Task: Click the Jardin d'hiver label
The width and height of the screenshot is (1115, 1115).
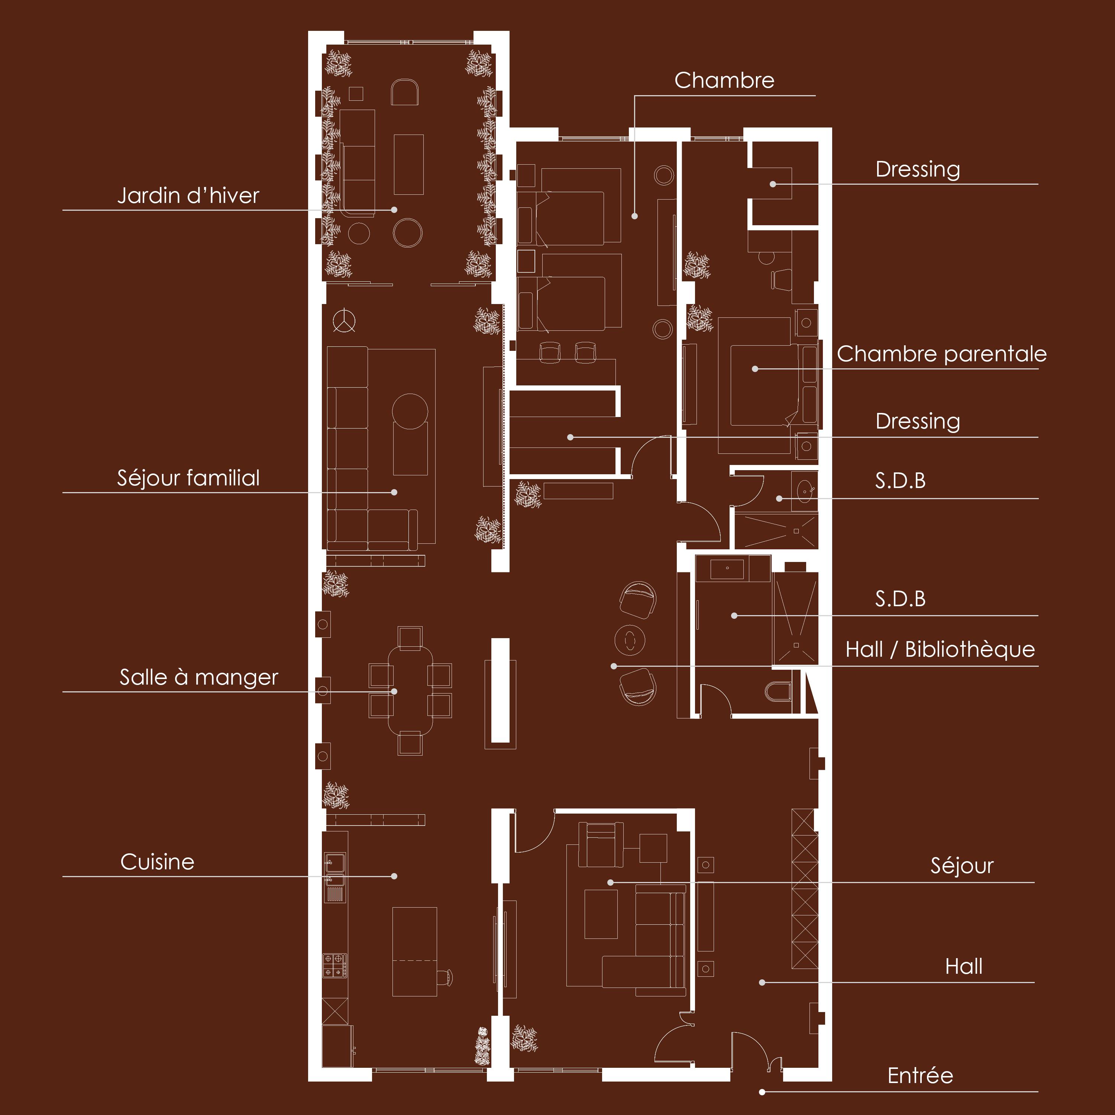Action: (188, 195)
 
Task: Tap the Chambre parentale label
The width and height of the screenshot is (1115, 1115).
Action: (941, 354)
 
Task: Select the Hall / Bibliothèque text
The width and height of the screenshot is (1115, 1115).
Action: (940, 649)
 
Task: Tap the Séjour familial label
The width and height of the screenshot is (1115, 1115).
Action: (188, 478)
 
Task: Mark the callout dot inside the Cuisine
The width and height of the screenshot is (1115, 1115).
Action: (394, 876)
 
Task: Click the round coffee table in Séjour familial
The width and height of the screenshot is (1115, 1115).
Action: (410, 411)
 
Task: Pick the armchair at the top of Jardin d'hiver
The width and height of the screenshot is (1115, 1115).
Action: (405, 92)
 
